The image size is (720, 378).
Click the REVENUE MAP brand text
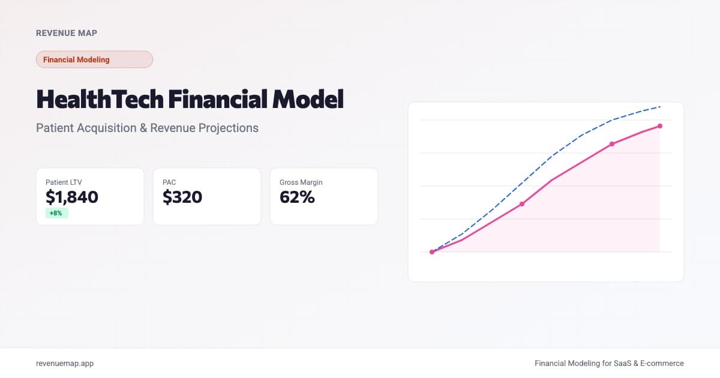tap(67, 33)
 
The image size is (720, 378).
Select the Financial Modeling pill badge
tap(94, 59)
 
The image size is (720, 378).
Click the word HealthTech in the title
tap(100, 99)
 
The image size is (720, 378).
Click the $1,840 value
tap(72, 197)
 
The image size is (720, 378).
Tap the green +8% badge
tap(56, 213)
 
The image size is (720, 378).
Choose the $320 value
tap(182, 197)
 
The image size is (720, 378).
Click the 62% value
tap(297, 197)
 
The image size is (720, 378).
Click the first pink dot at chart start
tap(432, 252)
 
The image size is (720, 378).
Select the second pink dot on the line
tap(522, 204)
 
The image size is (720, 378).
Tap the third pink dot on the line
tap(612, 144)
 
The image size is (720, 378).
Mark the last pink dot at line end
tap(660, 126)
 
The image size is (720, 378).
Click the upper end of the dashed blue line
tap(659, 107)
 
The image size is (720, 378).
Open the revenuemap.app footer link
tap(65, 363)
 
